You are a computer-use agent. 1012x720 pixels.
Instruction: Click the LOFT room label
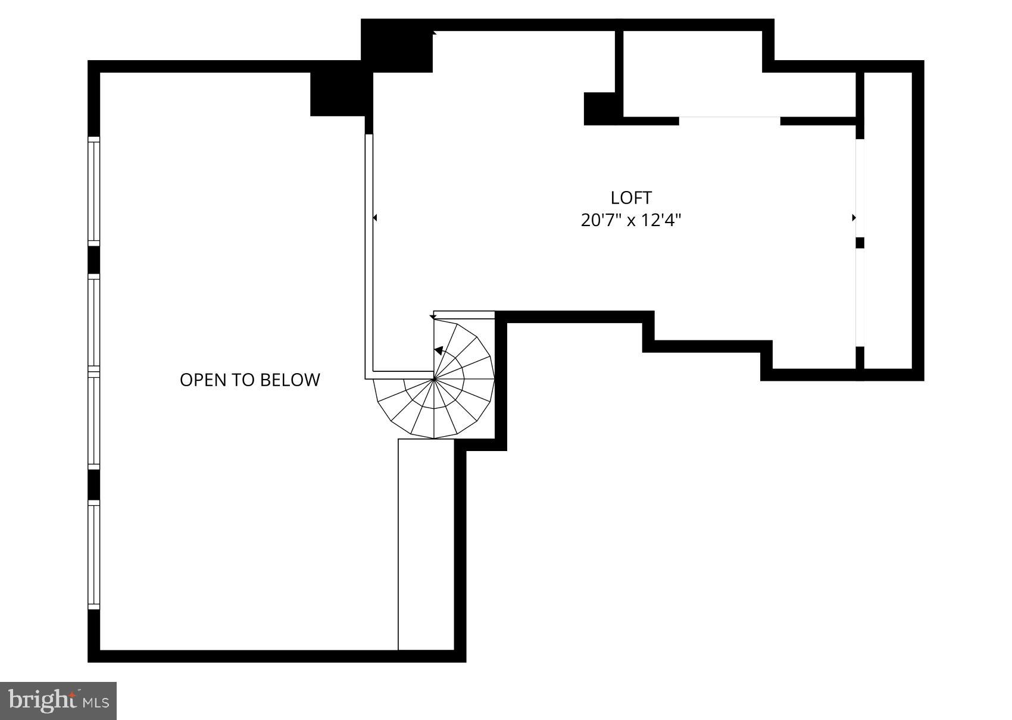point(631,198)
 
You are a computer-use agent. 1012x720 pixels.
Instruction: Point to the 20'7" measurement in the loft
point(601,221)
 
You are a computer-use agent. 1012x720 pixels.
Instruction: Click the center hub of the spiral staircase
point(434,378)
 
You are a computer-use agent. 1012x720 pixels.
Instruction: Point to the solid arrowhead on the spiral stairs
point(439,350)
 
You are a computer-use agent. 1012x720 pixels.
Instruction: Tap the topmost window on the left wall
point(93,191)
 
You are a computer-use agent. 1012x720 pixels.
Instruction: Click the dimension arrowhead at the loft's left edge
point(375,218)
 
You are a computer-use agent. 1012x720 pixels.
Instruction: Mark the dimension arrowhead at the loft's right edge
point(854,218)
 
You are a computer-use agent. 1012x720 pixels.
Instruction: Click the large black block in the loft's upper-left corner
point(396,46)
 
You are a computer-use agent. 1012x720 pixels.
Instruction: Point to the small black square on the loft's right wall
point(860,243)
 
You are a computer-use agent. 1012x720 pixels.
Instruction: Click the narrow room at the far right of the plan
point(888,220)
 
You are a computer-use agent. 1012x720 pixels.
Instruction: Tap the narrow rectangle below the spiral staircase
point(426,544)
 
